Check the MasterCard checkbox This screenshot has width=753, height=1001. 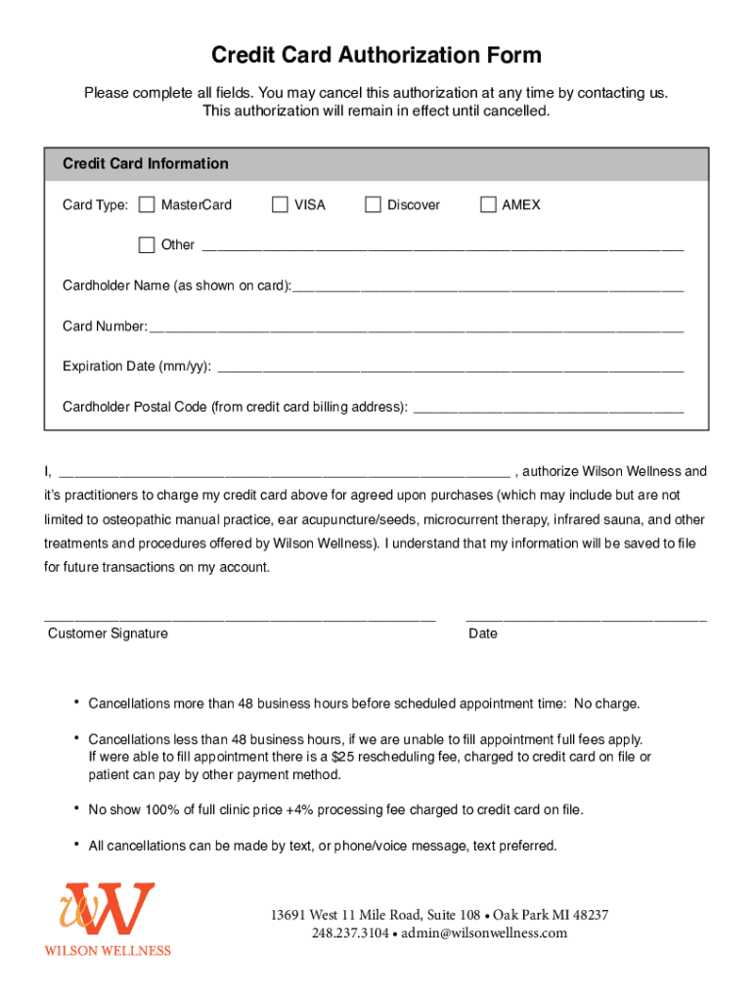click(x=147, y=205)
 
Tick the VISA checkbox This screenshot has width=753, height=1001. click(x=280, y=205)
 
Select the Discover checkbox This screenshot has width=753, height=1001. click(x=373, y=205)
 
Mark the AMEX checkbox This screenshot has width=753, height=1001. click(x=488, y=205)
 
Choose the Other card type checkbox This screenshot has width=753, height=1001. click(x=147, y=245)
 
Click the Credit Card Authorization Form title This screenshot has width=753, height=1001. click(x=376, y=56)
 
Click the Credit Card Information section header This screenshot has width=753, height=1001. click(x=146, y=164)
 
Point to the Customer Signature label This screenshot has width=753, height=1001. click(x=108, y=633)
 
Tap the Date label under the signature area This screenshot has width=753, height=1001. click(x=483, y=633)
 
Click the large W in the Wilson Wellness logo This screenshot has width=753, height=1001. click(x=117, y=909)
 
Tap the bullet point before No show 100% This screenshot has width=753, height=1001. click(x=75, y=807)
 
